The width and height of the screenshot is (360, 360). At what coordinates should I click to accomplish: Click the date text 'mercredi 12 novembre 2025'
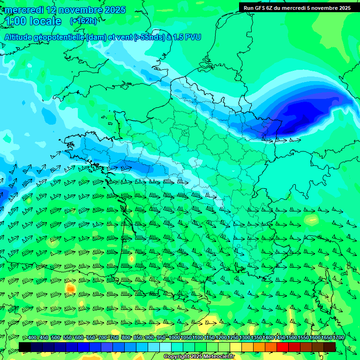pyautogui.click(x=65, y=10)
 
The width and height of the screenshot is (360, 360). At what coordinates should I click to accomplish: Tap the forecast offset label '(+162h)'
pyautogui.click(x=83, y=21)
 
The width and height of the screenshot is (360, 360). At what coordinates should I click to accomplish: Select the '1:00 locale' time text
pyautogui.click(x=33, y=21)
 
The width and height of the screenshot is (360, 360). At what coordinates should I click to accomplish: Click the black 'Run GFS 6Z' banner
pyautogui.click(x=297, y=7)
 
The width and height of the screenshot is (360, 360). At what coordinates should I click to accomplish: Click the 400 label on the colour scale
pyautogui.click(x=32, y=338)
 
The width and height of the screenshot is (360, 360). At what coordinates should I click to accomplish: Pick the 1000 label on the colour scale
pyautogui.click(x=174, y=338)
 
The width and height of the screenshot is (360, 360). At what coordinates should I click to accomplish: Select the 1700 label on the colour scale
pyautogui.click(x=338, y=338)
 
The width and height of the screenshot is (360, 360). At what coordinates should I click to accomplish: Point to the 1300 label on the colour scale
pyautogui.click(x=245, y=338)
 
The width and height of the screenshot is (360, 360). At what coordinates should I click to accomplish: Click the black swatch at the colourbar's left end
pyautogui.click(x=25, y=347)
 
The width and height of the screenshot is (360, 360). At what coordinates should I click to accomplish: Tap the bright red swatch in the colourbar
pyautogui.click(x=283, y=347)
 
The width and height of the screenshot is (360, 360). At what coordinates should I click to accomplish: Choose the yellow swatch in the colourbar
pyautogui.click(x=236, y=347)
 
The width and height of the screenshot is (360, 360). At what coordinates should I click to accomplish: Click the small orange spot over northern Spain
pyautogui.click(x=70, y=288)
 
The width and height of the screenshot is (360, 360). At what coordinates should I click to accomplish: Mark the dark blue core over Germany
pyautogui.click(x=300, y=115)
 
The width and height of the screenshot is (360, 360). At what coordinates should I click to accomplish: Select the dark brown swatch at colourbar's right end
pyautogui.click(x=330, y=347)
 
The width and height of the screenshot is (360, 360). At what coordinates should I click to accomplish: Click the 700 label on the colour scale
pyautogui.click(x=103, y=338)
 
